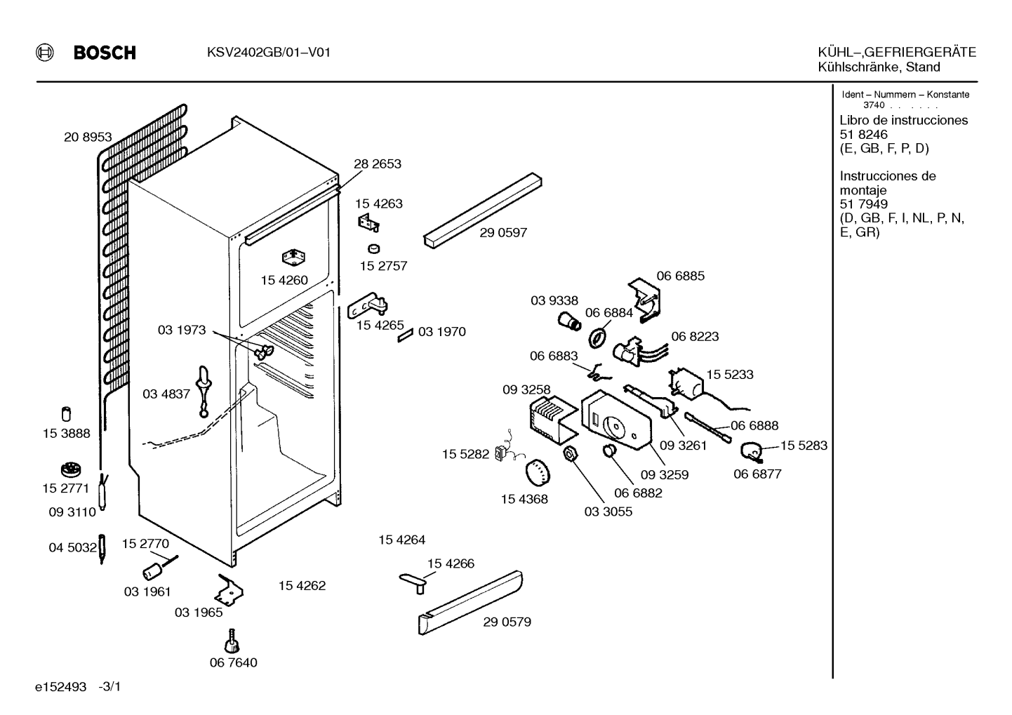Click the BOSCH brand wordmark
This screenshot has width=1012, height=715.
click(x=105, y=53)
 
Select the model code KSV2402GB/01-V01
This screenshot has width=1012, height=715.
click(x=268, y=53)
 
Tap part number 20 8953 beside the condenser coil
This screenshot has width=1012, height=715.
click(x=88, y=137)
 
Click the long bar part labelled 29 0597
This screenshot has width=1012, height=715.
click(x=483, y=210)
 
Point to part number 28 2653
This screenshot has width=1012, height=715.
click(x=378, y=163)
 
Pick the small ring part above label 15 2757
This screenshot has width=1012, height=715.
click(x=373, y=248)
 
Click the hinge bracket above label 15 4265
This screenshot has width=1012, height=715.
click(x=368, y=305)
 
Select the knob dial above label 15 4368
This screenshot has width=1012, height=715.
click(x=538, y=472)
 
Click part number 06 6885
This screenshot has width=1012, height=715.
click(x=680, y=276)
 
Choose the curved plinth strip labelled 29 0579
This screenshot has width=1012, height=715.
click(x=470, y=603)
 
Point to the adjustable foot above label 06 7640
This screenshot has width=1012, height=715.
click(x=232, y=641)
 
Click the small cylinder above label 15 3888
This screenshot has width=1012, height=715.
click(x=66, y=414)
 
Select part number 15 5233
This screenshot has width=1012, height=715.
click(x=730, y=375)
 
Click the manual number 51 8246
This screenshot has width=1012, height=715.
click(x=863, y=135)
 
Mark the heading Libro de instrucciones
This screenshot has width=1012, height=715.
click(x=904, y=120)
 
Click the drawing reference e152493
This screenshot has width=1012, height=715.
click(x=60, y=687)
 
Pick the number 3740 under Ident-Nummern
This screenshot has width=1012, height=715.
click(x=874, y=105)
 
